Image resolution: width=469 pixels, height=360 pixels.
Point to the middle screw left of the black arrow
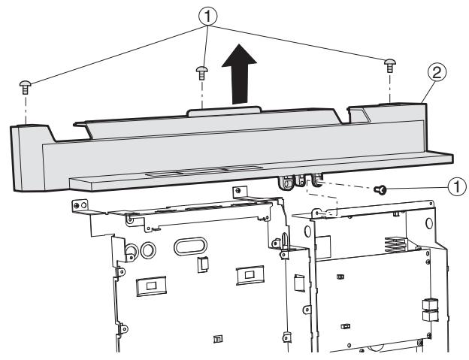pyautogui.click(x=202, y=72)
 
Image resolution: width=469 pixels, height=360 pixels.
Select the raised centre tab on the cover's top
pyautogui.click(x=224, y=110)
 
